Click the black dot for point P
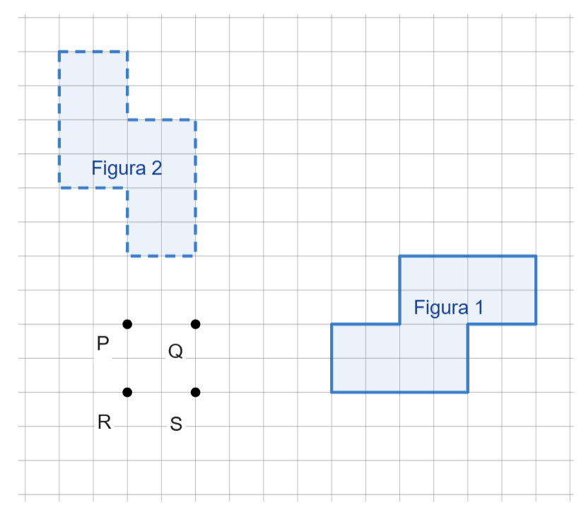pos(127,324)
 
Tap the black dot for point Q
pos(196,324)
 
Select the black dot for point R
pos(127,392)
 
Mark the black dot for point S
pos(196,392)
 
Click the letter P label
pos(103,344)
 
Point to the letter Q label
pos(175,351)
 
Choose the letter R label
pos(104,423)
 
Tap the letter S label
pos(176,425)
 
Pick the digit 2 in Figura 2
pos(156,168)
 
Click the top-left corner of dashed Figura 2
pos(59,52)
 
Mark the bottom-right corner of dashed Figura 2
pos(196,255)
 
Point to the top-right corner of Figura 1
pos(536,256)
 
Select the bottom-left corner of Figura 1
pos(332,392)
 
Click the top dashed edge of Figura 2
pos(93,52)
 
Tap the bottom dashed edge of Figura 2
pos(162,255)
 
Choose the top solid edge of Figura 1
pos(468,256)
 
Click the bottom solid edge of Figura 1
pos(399,392)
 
